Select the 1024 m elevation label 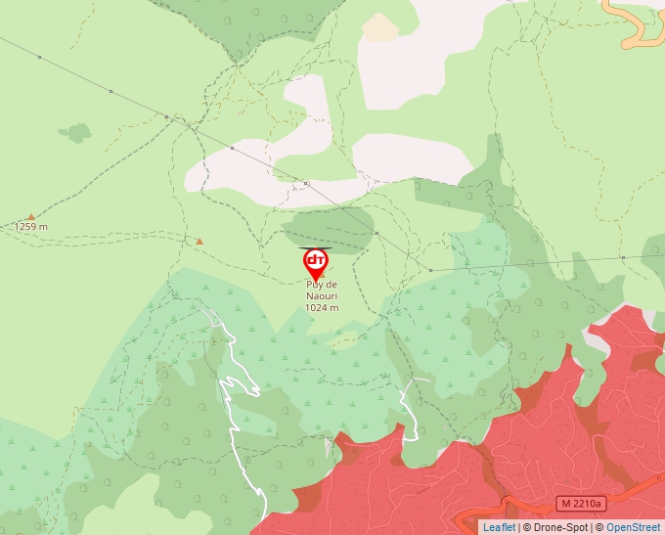click(322, 307)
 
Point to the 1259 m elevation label click(30, 227)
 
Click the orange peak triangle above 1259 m click(30, 216)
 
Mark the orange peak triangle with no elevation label click(199, 241)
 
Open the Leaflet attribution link click(499, 527)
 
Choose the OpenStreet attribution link click(635, 527)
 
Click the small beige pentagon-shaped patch click(380, 28)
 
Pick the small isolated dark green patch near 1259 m click(74, 132)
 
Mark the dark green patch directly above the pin click(329, 222)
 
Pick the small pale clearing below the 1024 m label click(343, 340)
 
